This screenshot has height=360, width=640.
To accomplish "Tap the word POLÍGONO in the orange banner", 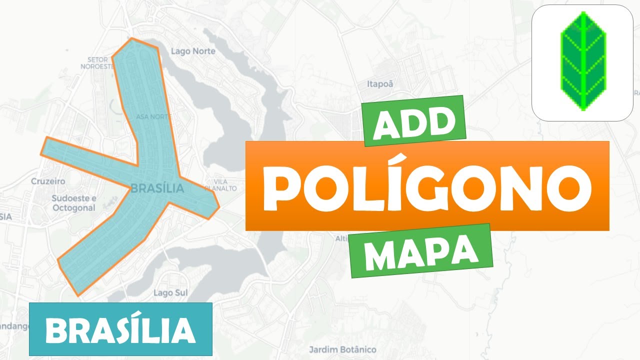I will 427,186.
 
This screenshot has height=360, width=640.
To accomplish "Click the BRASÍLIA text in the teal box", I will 120,329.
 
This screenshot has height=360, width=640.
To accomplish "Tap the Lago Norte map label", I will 193,51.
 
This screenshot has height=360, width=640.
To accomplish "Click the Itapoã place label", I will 380,84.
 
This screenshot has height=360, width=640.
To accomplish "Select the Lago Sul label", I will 167,292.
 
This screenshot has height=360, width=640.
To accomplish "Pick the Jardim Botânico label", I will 342,349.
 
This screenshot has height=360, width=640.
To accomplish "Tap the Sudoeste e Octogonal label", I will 73,203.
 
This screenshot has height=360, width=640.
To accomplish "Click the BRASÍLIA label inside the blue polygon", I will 157,188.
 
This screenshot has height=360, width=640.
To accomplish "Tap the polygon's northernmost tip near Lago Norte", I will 131,39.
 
